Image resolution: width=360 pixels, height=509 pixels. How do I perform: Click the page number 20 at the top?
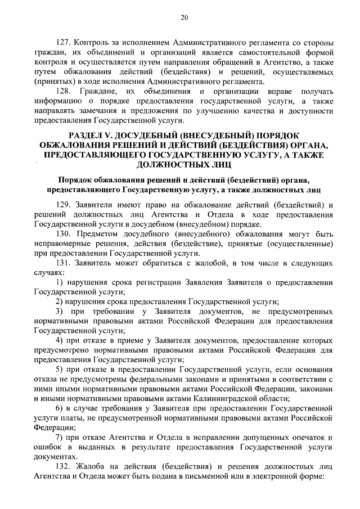(183, 17)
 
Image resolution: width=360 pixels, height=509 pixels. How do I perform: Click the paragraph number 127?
(65, 43)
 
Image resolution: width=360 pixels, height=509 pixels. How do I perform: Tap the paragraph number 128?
(65, 91)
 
